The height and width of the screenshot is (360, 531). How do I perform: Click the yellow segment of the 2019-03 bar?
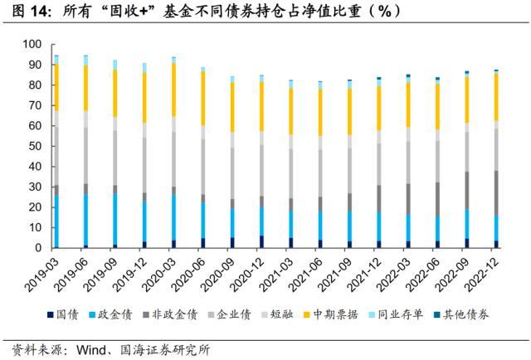tap(56, 86)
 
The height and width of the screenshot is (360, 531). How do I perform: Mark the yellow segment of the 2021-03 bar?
tap(290, 111)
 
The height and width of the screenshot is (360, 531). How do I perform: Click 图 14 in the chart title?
tap(22, 11)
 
